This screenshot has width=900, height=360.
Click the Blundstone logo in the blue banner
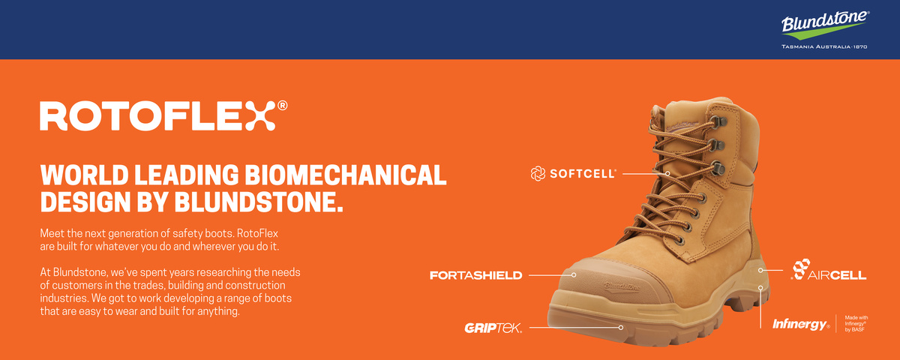pos(825,25)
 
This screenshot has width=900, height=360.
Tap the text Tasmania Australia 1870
pos(824,46)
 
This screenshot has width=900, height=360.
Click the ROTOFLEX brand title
pos(158,115)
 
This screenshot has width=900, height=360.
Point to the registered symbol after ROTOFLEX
pos(283,105)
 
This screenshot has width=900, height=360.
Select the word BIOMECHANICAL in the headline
pos(346,175)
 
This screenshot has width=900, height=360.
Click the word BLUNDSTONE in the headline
pos(259,201)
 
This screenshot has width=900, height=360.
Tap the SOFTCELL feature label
pos(583,173)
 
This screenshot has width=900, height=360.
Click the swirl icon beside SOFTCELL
pos(538,173)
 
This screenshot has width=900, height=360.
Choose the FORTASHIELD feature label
pos(476,275)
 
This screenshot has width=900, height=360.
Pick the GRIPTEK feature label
pos(493,328)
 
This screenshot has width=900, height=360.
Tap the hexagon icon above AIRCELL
pos(801,268)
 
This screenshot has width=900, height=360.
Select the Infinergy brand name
pos(801,324)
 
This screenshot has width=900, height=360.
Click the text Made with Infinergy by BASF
pos(856,323)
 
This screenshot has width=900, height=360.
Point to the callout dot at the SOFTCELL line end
pos(667,173)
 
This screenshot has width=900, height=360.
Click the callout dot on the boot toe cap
pos(574,274)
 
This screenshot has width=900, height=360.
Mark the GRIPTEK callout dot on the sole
pos(621,328)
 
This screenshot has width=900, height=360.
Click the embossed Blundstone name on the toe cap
pos(622,286)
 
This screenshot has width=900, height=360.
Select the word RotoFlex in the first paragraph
pos(257,233)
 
